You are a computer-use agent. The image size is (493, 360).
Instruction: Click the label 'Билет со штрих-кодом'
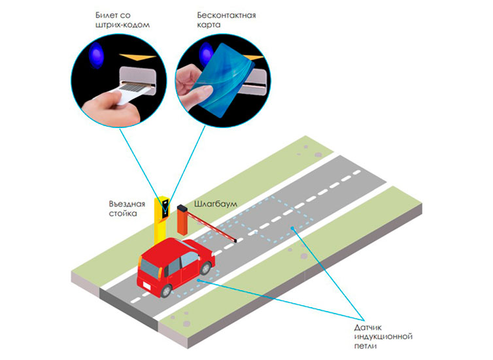122,20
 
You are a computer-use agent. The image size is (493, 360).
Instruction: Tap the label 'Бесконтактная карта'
226,20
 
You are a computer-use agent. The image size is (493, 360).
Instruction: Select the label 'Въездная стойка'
127,208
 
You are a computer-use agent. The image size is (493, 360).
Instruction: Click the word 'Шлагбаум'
216,204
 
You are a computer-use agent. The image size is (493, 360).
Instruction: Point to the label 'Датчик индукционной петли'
383,336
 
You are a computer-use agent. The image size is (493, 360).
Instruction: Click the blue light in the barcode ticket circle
96,55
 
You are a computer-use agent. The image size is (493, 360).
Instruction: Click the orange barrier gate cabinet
182,220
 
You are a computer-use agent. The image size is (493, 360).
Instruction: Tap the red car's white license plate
147,286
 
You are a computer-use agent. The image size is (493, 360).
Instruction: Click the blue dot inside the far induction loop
292,228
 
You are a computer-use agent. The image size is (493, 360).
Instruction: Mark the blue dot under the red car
198,280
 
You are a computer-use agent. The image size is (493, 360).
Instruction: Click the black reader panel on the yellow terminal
165,208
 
